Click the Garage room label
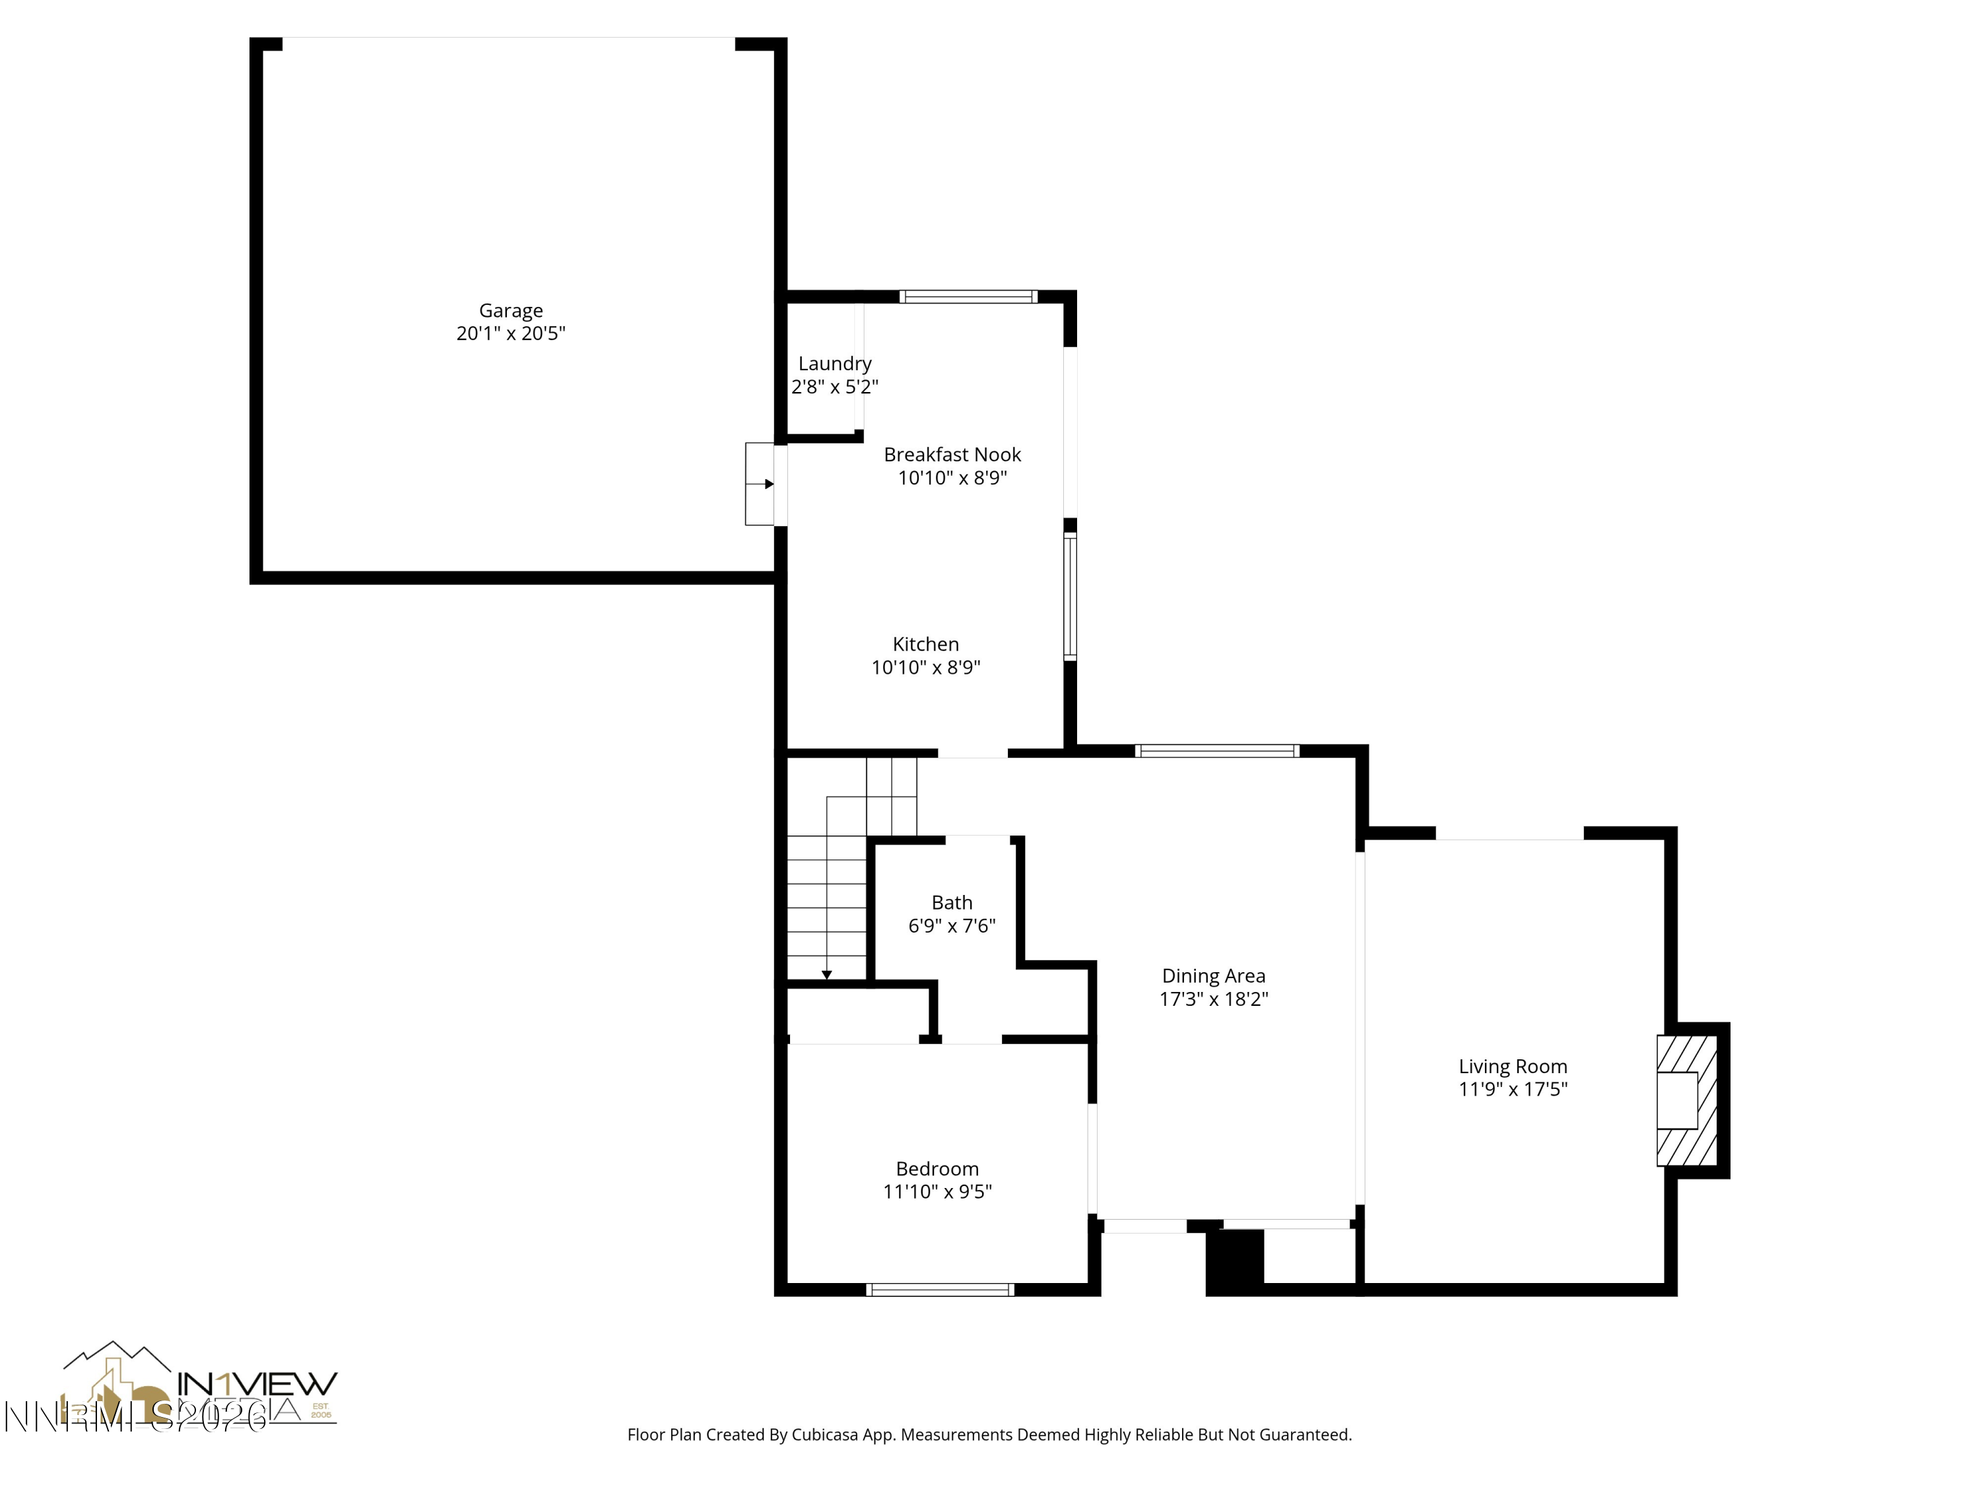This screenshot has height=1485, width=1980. coord(510,311)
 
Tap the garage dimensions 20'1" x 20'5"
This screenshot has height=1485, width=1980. coord(510,334)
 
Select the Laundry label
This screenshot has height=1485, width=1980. coord(834,364)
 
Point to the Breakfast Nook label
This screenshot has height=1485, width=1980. coord(952,455)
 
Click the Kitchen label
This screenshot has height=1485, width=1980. coord(925,644)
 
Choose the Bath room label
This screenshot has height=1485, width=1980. coord(952,902)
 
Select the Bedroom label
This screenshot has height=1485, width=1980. coord(937,1168)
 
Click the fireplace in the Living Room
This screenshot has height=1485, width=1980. coord(1686,1100)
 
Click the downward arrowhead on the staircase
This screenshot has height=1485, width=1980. coord(827,975)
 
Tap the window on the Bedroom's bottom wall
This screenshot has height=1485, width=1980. coord(940,1289)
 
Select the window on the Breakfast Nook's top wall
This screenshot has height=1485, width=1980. coord(968,296)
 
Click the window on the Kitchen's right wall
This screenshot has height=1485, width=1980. coord(1070,597)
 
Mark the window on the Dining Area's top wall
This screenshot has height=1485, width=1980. coord(1216,751)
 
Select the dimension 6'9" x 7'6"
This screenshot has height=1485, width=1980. coord(952,925)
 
